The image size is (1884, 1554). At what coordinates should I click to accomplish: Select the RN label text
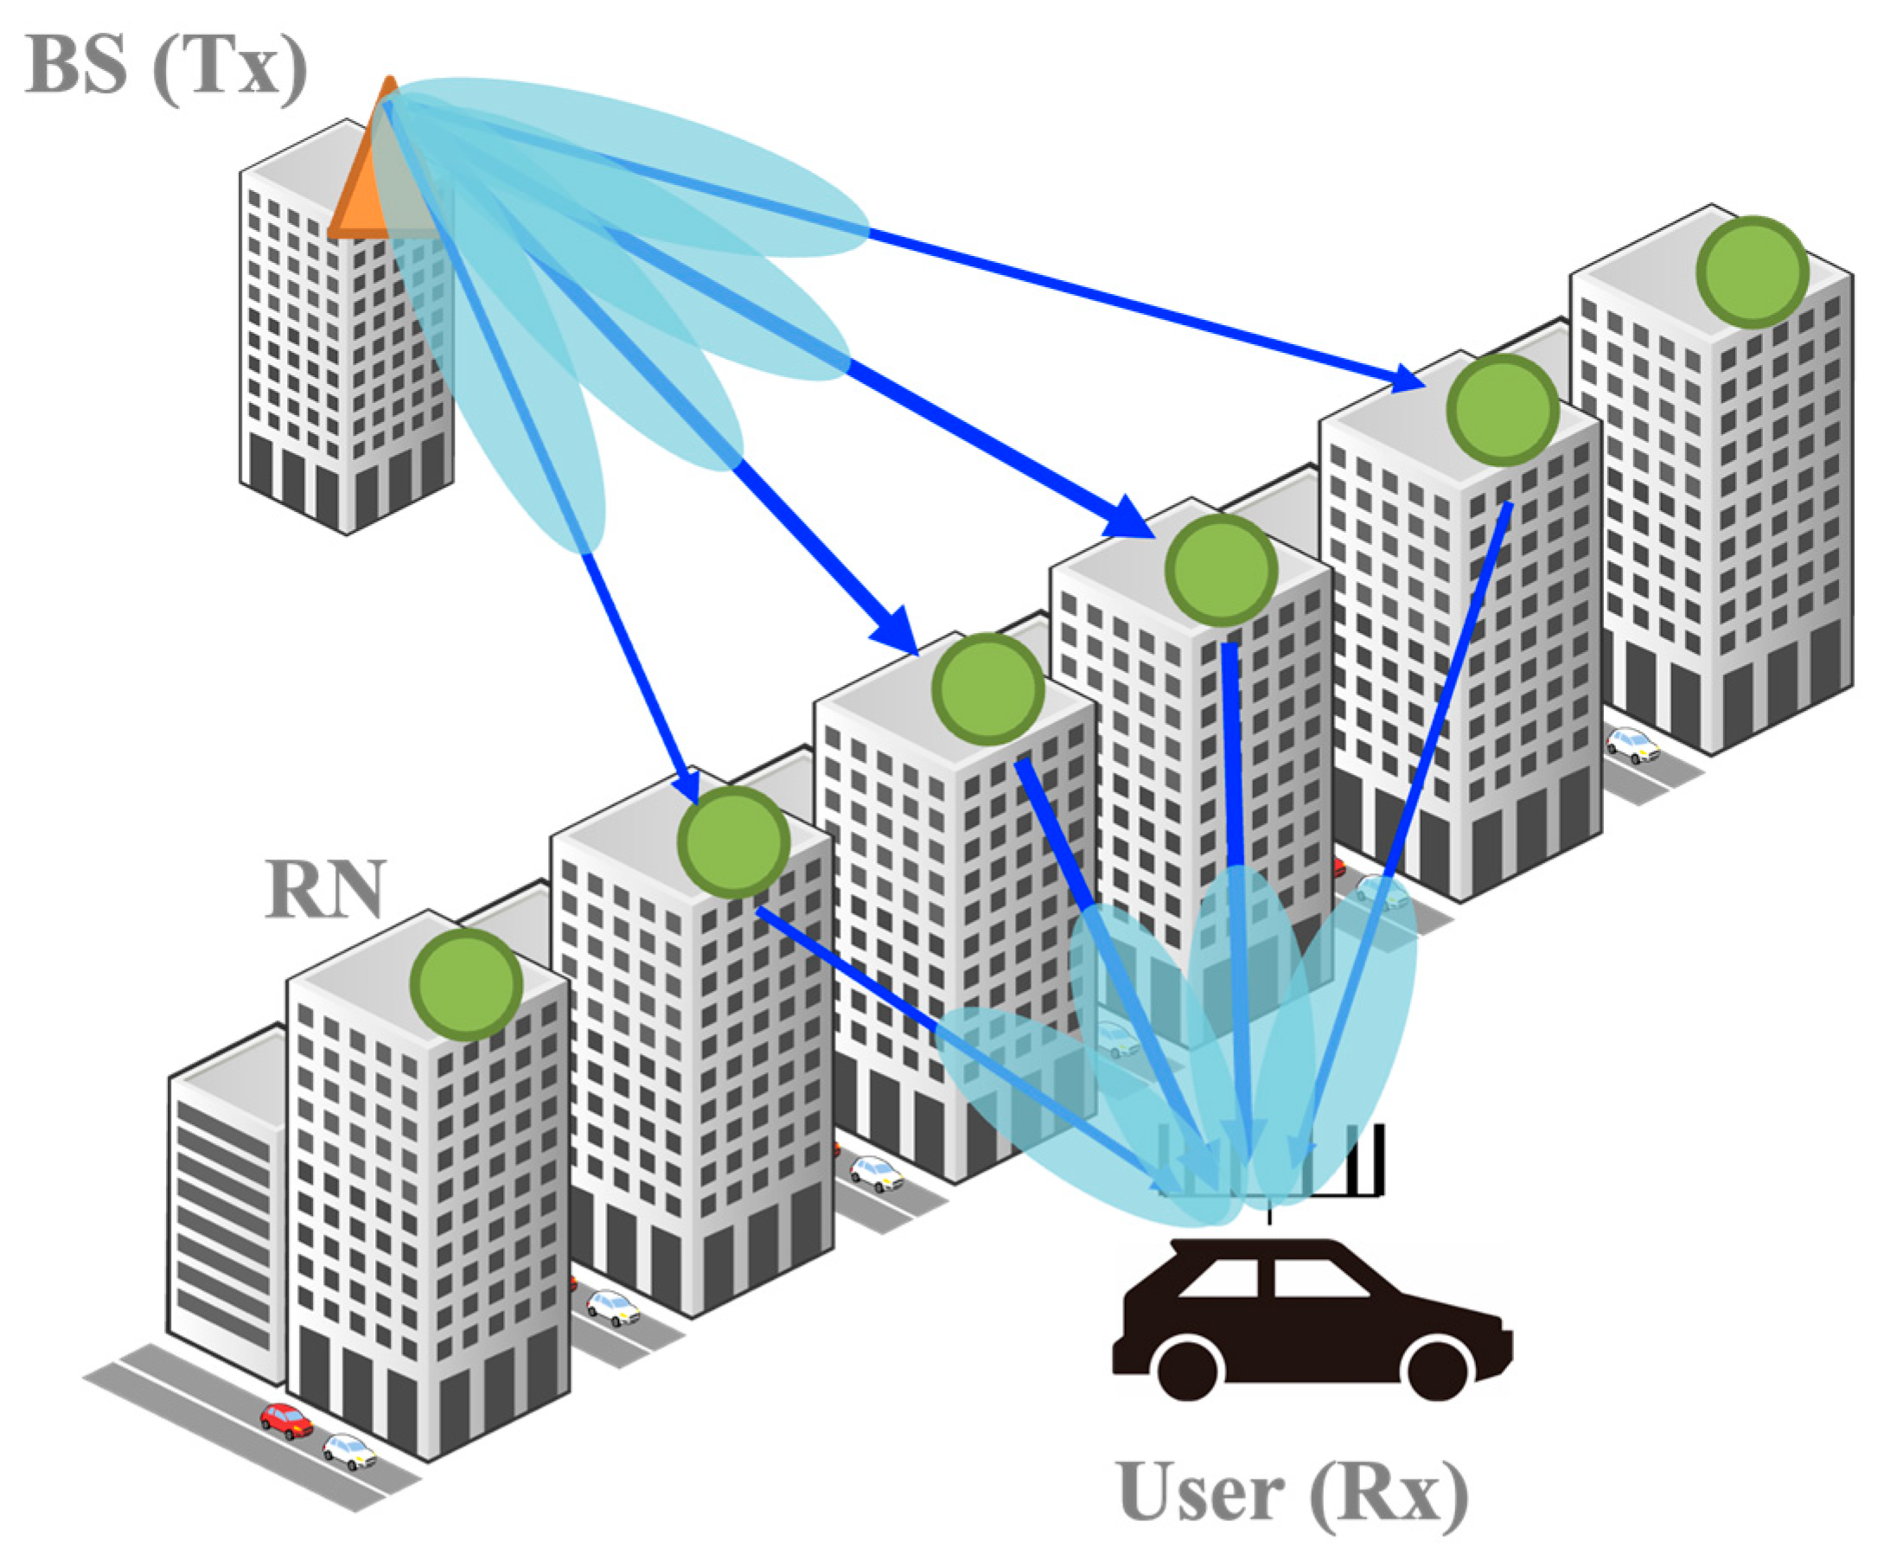(x=326, y=888)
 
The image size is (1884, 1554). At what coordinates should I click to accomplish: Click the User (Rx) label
(x=1293, y=1492)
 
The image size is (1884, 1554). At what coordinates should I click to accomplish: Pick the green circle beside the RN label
(x=465, y=984)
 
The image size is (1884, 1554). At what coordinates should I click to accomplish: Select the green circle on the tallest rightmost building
(x=1752, y=272)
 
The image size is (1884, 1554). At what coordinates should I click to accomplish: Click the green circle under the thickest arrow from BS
(x=1221, y=569)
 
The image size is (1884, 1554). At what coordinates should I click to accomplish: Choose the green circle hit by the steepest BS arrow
(x=733, y=842)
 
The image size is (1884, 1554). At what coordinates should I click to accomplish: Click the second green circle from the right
(x=1503, y=409)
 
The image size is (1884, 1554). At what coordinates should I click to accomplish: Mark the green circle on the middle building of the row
(x=987, y=689)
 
